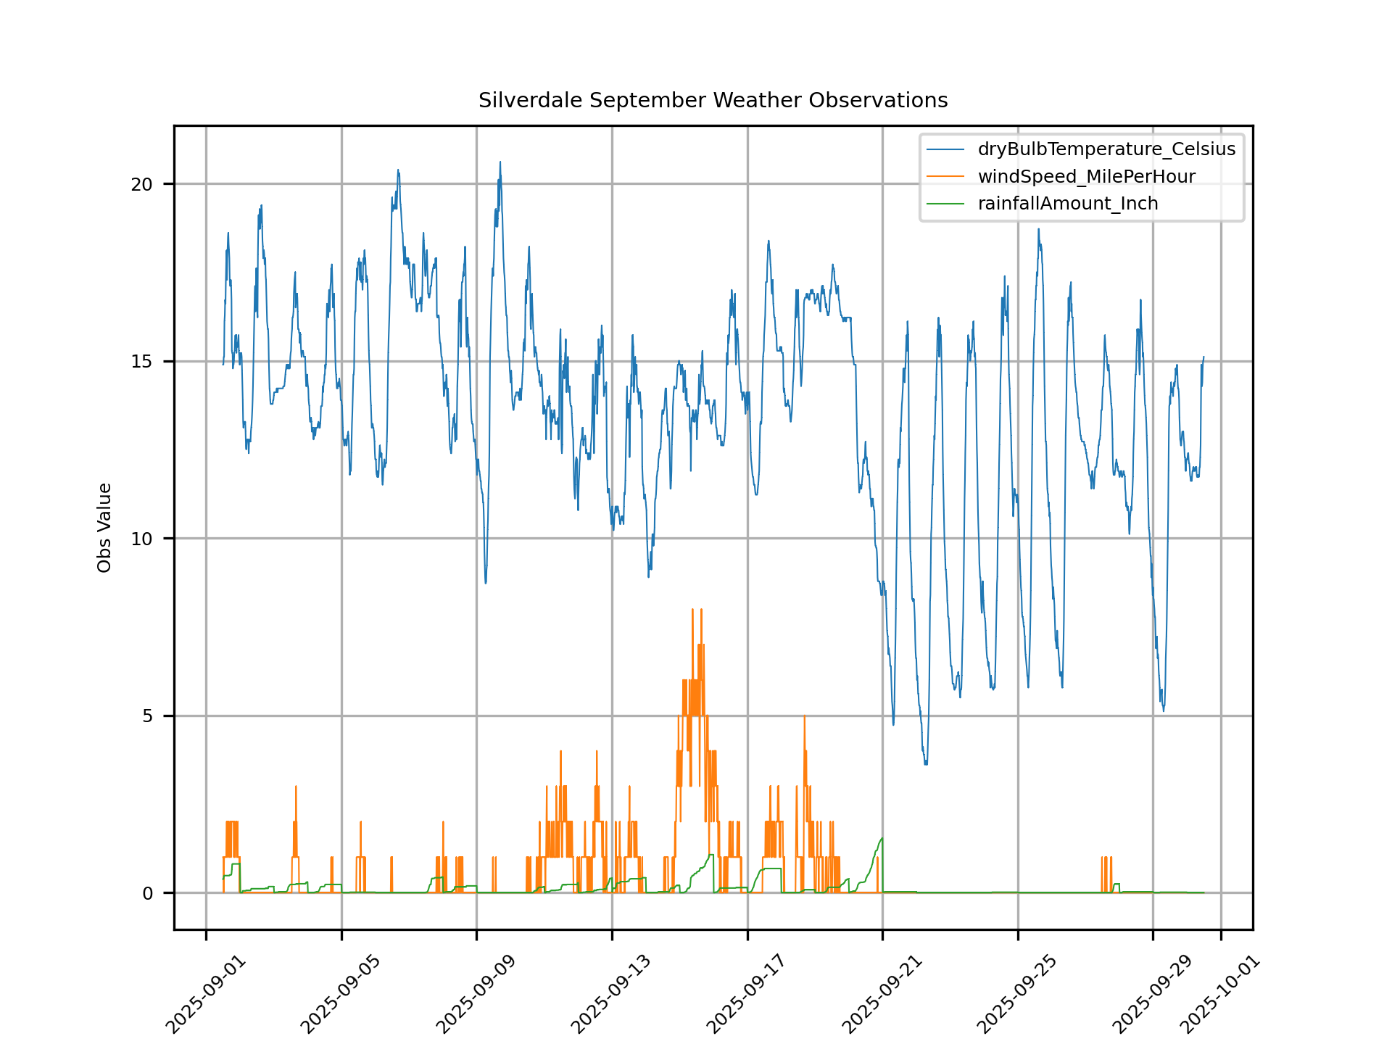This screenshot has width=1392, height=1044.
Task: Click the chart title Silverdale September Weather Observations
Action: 713,100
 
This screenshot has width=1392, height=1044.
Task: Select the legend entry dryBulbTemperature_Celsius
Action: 1106,149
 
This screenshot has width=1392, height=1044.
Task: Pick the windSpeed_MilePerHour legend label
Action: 1086,177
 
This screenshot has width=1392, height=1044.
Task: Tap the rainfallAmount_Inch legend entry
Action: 1067,204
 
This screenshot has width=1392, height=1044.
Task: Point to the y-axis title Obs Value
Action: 104,528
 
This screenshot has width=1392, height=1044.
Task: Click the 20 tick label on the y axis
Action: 142,184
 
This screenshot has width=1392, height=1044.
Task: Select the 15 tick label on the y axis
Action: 142,362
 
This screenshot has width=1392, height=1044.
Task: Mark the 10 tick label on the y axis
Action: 142,539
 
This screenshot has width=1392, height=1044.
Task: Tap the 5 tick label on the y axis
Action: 147,716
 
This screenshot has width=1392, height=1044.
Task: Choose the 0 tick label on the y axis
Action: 147,893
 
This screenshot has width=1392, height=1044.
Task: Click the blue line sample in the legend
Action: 945,149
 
